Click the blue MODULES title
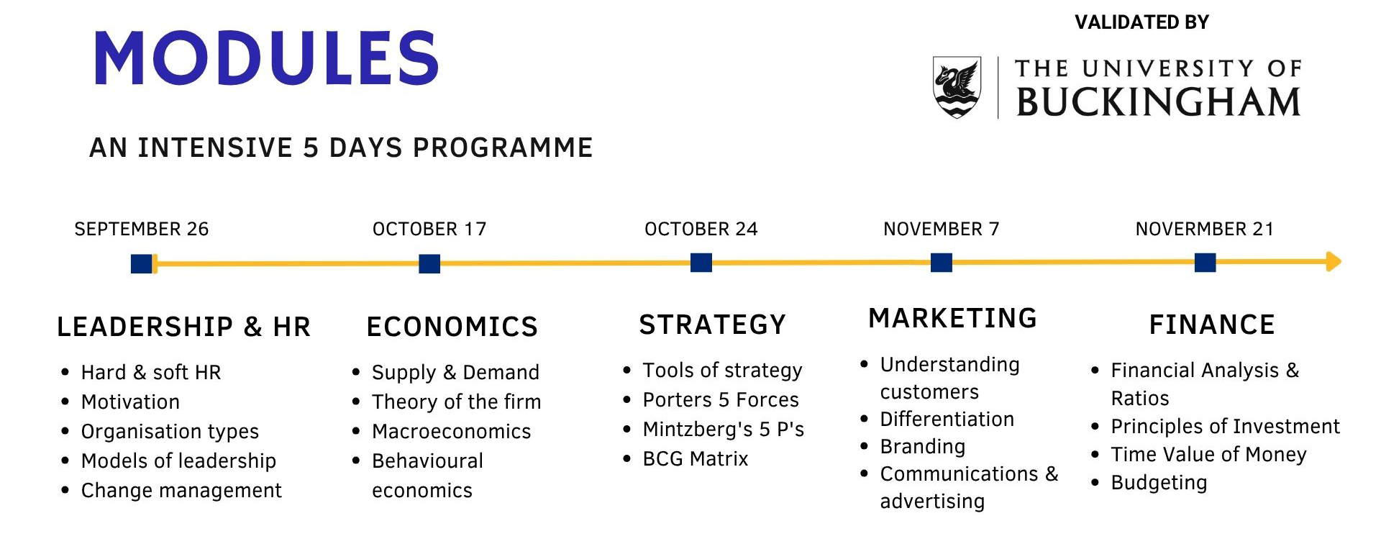point(266,58)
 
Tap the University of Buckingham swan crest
point(957,87)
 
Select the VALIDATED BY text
point(1141,22)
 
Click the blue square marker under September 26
point(142,264)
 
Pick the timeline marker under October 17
point(429,264)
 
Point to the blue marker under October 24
point(701,263)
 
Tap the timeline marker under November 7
point(942,263)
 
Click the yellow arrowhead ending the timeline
point(1334,261)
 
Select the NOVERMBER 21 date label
point(1205,229)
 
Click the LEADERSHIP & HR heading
point(184,327)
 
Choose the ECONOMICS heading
point(452,327)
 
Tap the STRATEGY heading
point(713,325)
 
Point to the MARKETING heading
point(953,318)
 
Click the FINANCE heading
point(1212,325)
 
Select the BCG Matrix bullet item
point(696,458)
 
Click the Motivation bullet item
point(130,402)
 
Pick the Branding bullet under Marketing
point(923,447)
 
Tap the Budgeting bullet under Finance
point(1159,483)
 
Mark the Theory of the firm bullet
point(456,402)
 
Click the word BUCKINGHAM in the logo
point(1158,101)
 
